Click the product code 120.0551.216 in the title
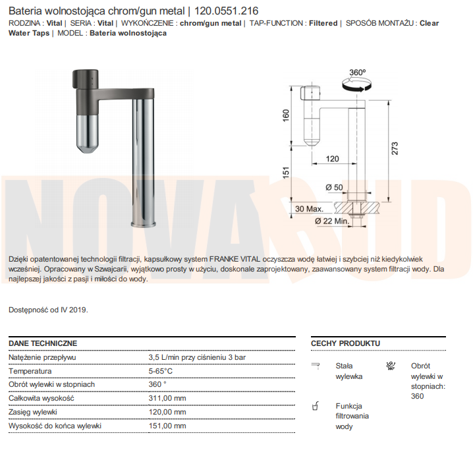(x=226, y=11)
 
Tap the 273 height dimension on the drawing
(x=395, y=148)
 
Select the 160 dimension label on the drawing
(x=286, y=115)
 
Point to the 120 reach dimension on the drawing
(x=333, y=159)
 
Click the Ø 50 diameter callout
(x=334, y=187)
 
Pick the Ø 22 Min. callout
(x=332, y=221)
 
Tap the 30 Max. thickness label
(x=309, y=209)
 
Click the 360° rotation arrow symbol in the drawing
(x=356, y=84)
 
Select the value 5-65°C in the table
(x=161, y=371)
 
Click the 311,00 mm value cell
(x=167, y=398)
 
